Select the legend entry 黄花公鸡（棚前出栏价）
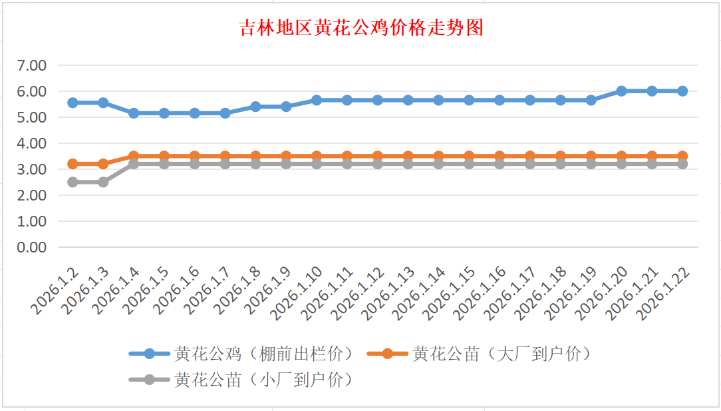(x=263, y=354)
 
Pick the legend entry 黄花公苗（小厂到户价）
(x=263, y=380)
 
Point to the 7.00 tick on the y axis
(x=32, y=65)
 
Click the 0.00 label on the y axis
(x=32, y=247)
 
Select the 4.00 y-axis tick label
(x=32, y=143)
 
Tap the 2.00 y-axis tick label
(x=32, y=195)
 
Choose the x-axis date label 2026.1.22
(x=662, y=293)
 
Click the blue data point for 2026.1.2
(x=73, y=103)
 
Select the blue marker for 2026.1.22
(x=682, y=91)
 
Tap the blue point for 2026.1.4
(x=134, y=113)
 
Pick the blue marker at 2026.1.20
(x=621, y=91)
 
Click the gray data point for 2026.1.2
(x=73, y=182)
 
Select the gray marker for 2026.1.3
(x=103, y=182)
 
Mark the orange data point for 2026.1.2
(x=73, y=164)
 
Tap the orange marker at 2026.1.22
(x=682, y=156)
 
